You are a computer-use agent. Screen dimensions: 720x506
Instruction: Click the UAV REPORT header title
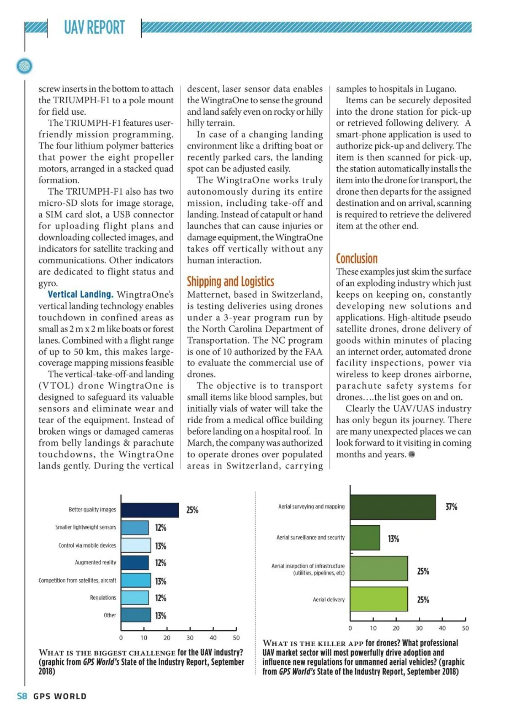tap(94, 28)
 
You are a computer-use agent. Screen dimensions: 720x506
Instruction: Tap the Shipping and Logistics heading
tap(230, 281)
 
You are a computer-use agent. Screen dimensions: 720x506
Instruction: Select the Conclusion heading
tap(357, 258)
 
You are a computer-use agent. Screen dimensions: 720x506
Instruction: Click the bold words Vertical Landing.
tap(81, 294)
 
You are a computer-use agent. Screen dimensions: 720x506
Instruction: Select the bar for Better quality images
tap(150, 510)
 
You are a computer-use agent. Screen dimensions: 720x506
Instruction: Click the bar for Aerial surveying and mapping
tap(393, 507)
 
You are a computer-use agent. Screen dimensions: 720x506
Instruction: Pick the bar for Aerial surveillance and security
tap(365, 538)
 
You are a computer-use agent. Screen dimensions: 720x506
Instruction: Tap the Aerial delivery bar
tap(379, 599)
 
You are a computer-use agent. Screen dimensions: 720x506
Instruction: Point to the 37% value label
tap(451, 507)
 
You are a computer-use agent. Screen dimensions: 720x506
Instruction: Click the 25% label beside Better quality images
tap(192, 510)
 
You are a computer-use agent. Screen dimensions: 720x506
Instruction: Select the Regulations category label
tap(103, 598)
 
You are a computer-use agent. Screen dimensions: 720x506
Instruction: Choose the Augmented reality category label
tap(95, 562)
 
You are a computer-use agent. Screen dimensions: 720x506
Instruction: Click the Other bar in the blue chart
tap(136, 615)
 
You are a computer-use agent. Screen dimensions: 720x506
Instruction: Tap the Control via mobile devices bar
tap(136, 545)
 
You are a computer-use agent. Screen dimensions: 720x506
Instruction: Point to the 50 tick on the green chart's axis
tap(465, 628)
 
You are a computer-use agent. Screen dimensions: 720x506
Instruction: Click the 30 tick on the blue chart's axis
tap(190, 638)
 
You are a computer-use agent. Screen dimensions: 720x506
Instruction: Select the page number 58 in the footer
tap(22, 696)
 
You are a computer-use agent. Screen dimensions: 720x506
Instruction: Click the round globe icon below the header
tap(24, 66)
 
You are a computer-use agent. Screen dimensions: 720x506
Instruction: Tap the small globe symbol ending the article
tap(412, 454)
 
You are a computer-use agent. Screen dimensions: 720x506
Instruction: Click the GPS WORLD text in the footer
tap(60, 696)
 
